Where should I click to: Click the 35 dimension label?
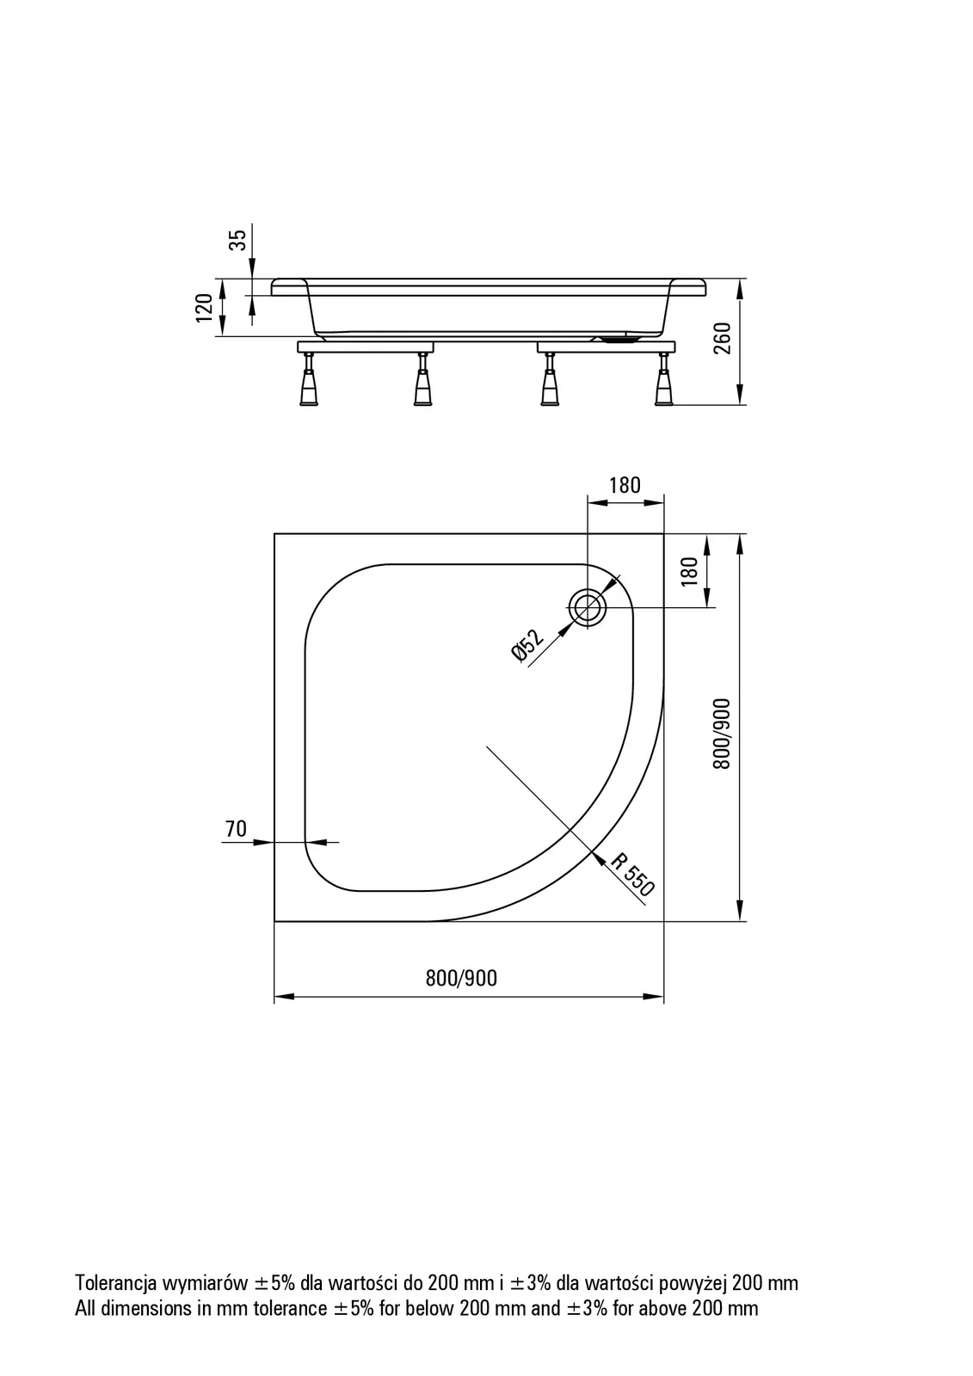(237, 239)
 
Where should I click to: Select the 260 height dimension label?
(723, 338)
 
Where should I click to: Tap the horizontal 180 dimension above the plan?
(625, 485)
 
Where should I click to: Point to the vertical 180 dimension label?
(690, 571)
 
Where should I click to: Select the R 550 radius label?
(632, 875)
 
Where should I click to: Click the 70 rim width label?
(236, 829)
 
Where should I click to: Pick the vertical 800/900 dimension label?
(722, 734)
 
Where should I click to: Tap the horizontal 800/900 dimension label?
(461, 978)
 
